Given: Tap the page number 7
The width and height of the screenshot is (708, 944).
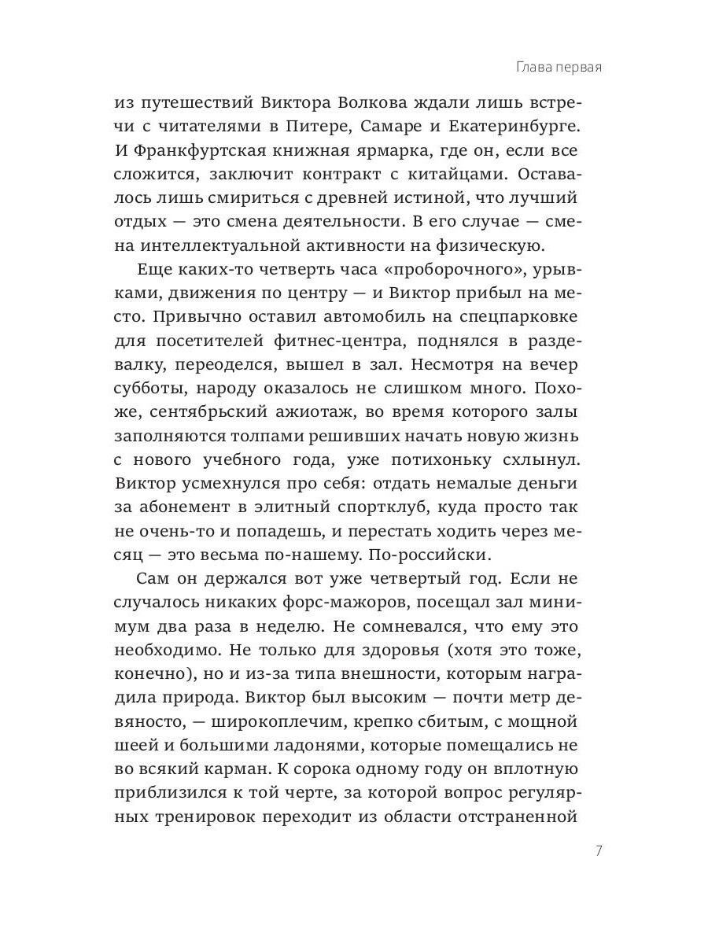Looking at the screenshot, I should (x=599, y=851).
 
